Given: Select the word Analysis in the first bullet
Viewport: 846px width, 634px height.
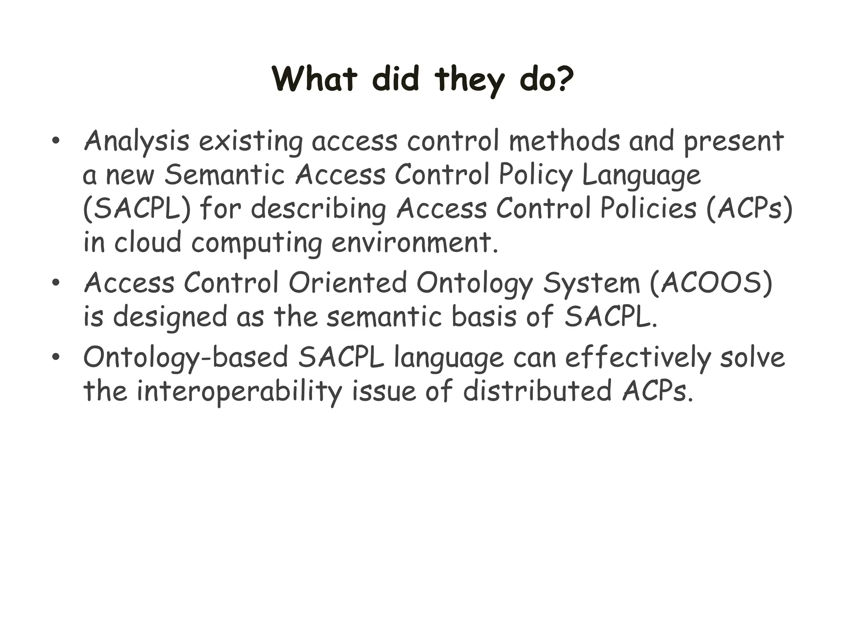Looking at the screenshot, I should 136,141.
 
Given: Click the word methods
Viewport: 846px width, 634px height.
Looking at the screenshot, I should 564,140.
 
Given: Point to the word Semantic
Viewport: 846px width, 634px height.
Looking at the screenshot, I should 225,174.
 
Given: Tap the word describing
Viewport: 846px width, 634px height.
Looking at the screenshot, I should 318,209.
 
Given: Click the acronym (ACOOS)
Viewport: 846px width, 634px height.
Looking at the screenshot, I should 711,283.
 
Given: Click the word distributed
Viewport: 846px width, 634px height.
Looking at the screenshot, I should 537,391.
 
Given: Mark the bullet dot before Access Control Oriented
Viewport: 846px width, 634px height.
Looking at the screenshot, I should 56,284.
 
